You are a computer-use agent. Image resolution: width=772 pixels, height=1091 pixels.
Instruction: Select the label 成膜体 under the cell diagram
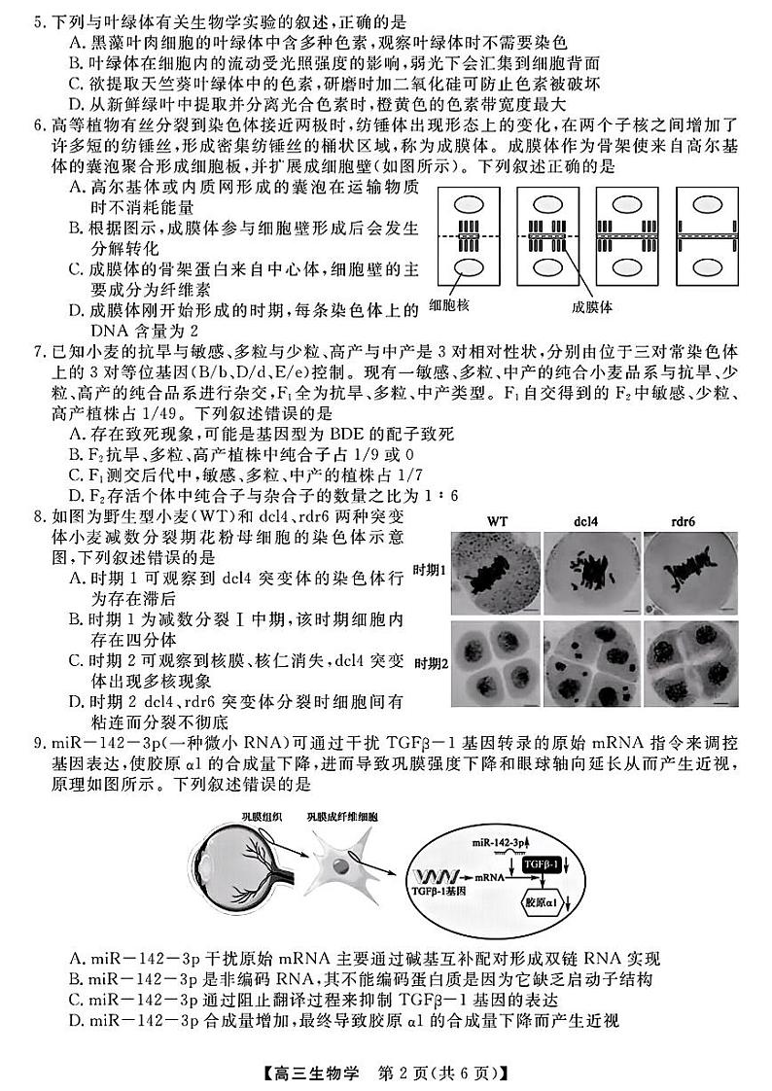592,306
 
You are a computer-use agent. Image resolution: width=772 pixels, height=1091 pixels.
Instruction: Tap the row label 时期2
430,663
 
